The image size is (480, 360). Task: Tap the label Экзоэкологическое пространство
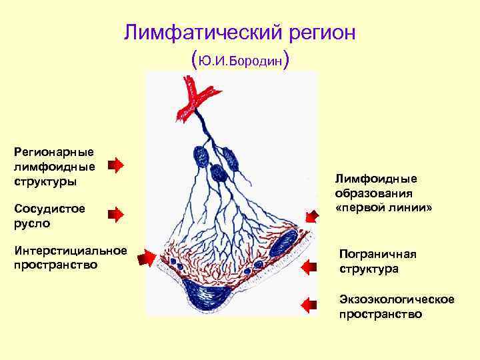[396, 307]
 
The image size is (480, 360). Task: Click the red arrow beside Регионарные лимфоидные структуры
[115, 165]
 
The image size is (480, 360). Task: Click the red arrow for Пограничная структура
[309, 267]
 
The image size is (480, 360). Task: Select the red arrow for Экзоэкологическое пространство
[309, 305]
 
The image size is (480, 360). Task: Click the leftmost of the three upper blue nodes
[201, 156]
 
